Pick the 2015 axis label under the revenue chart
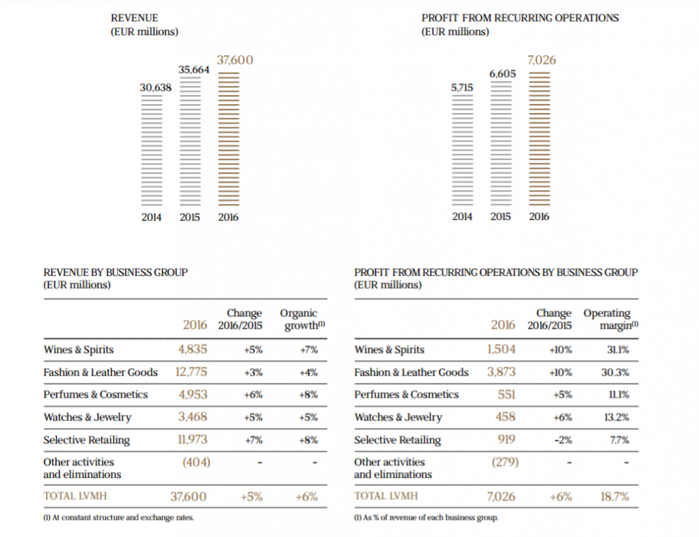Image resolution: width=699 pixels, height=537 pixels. [x=189, y=217]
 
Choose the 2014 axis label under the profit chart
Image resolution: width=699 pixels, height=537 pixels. [x=462, y=216]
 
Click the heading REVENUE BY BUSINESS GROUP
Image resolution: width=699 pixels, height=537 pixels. [x=115, y=272]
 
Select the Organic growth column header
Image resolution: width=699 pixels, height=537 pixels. [x=298, y=319]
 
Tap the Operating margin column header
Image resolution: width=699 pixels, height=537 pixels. [x=607, y=319]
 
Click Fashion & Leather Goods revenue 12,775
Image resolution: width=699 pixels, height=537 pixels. [x=191, y=372]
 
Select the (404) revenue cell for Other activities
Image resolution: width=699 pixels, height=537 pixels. [x=196, y=462]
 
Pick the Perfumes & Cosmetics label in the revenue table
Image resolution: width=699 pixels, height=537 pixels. [x=96, y=395]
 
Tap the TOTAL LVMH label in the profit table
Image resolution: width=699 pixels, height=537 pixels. [x=381, y=496]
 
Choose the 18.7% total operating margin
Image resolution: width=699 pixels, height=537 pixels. [x=614, y=497]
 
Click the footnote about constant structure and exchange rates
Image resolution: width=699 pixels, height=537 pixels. [x=119, y=517]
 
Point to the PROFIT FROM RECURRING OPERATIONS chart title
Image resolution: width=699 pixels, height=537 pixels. [x=520, y=17]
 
